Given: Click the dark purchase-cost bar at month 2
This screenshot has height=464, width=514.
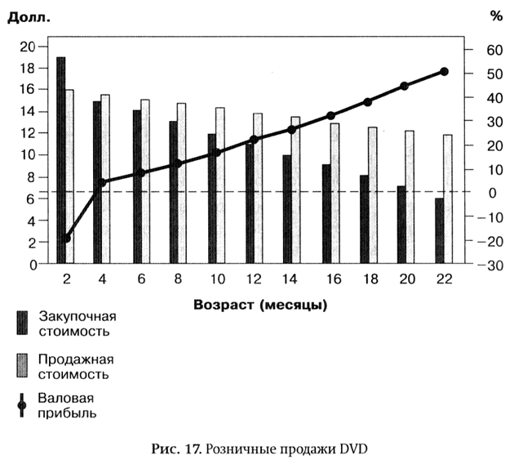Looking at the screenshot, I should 61,160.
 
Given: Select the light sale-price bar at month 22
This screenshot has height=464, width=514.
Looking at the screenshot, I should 447,199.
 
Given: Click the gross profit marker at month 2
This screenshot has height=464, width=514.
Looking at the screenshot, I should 67,239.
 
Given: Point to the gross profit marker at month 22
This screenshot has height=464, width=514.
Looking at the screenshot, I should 444,72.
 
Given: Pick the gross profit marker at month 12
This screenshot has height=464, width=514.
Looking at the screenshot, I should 255,140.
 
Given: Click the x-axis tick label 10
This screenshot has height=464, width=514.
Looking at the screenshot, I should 216,279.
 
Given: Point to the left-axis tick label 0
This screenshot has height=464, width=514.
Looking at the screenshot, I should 33,265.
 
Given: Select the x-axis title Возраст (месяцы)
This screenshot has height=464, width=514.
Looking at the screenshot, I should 261,306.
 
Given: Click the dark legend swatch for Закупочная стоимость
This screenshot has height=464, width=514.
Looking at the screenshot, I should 22,323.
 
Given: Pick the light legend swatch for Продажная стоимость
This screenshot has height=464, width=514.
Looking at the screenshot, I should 22,364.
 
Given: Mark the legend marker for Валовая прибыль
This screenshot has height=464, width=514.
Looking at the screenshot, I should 22,404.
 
